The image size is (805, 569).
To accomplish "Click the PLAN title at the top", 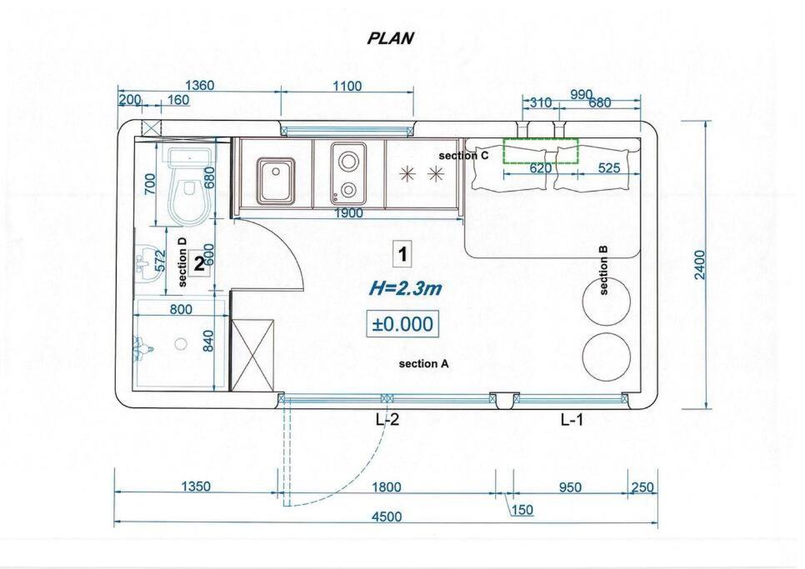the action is click(390, 38).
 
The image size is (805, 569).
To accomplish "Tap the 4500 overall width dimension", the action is click(386, 517).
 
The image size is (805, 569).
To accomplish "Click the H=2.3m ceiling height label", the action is click(405, 289).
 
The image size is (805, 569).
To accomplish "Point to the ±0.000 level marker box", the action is click(402, 324).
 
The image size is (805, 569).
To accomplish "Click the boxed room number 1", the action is click(403, 254).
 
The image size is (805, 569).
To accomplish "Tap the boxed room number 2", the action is click(198, 264).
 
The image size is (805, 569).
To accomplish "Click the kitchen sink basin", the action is click(276, 180).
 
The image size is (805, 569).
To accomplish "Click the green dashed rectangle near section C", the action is click(541, 151).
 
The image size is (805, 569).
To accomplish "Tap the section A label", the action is click(423, 364).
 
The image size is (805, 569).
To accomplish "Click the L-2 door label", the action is click(387, 420).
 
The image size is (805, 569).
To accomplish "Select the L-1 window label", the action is click(572, 420).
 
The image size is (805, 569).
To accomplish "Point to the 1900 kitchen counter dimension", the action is click(348, 212).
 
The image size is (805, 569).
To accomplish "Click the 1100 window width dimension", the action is click(347, 86).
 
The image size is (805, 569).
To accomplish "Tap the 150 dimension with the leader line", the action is click(522, 510).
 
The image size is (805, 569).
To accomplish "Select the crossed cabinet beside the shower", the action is click(252, 355).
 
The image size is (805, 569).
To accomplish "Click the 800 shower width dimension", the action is click(181, 309).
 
